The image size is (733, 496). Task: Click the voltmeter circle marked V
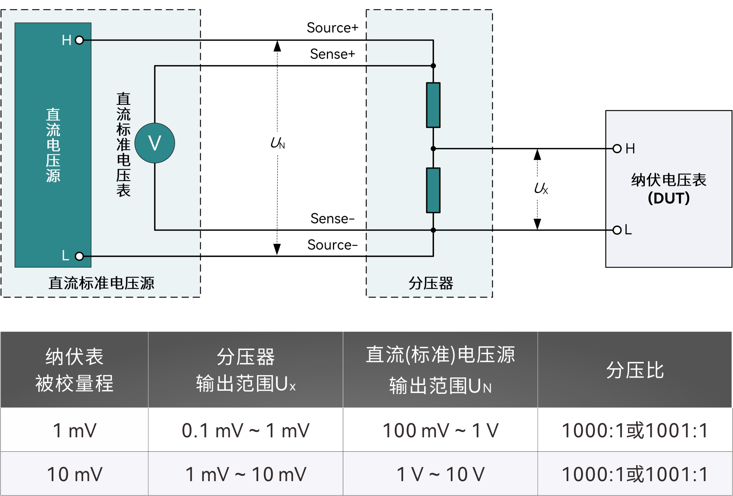(155, 143)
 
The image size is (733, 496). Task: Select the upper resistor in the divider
(433, 105)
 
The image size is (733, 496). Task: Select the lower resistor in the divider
(433, 190)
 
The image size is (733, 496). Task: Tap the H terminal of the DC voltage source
(79, 40)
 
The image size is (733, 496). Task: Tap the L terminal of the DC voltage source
(79, 256)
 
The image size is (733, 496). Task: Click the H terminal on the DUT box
(617, 149)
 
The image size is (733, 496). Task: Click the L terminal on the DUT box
(617, 230)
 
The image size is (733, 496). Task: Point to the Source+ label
(333, 28)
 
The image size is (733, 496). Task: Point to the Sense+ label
(333, 54)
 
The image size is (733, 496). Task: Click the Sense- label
(333, 219)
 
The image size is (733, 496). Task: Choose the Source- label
(333, 245)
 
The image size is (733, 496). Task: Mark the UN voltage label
(278, 143)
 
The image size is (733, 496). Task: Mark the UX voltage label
(541, 188)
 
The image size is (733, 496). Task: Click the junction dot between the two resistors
(433, 149)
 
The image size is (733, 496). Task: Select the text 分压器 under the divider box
(431, 283)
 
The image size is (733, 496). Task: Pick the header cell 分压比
(635, 370)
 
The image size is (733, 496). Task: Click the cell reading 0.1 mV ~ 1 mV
(246, 430)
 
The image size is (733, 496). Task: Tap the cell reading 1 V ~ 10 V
(440, 475)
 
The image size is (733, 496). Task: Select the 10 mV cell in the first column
(74, 475)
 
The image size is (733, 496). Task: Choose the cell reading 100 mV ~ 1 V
(440, 430)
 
